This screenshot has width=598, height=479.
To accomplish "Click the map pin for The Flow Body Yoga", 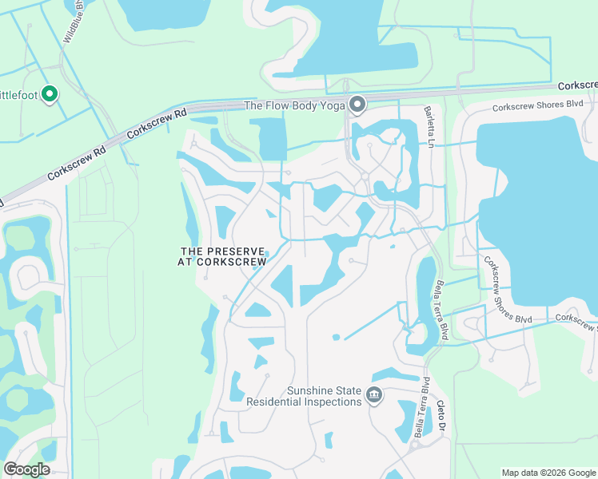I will [357, 104].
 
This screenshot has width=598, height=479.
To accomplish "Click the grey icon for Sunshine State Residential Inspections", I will [373, 394].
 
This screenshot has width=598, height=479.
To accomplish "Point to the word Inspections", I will [330, 402].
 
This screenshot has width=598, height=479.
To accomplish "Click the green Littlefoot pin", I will [50, 94].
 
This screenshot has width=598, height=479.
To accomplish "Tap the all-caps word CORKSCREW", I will [236, 261].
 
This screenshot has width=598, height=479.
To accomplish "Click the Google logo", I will [26, 469].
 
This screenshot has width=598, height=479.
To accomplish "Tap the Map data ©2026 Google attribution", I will [548, 473].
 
